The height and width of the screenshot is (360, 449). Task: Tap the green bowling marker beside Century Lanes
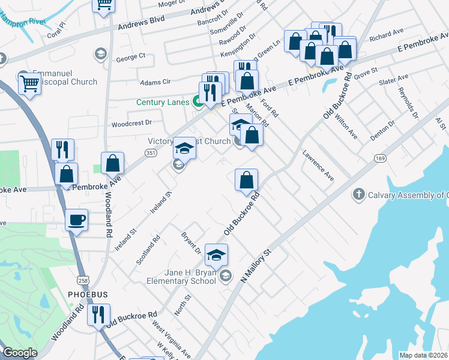pos(197,103)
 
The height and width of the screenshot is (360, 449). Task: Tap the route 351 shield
pos(150,154)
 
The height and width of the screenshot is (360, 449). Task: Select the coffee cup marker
pos(76,220)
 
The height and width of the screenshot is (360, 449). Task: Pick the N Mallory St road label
pos(256,266)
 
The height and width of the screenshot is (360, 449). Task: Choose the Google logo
pos(20,353)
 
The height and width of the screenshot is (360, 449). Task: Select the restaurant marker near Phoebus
pos(98,315)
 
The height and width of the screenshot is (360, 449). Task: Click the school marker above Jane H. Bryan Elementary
pos(217,255)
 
